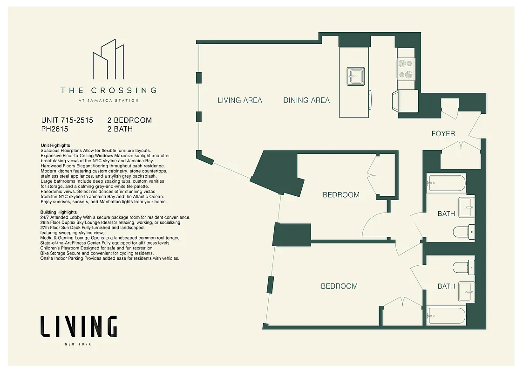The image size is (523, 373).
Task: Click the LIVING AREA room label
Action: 240,100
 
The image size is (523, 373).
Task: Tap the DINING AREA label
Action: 306,100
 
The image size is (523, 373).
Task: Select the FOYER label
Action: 443,134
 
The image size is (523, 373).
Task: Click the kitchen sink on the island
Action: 356,76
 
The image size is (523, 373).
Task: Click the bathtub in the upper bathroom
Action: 447,183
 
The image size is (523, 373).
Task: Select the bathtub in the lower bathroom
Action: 447,316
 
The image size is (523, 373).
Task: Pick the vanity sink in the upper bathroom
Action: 466,207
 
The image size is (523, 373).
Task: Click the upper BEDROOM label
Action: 341,195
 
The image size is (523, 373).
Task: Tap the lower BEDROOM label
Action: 339,286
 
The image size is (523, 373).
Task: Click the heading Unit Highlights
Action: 55,145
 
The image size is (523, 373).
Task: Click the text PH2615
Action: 54,129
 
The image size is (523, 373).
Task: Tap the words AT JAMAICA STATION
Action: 108,100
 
